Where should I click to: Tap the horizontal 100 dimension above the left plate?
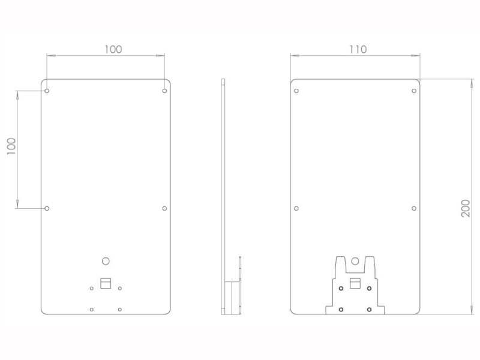point(112,49)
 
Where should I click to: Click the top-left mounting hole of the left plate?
point(47,91)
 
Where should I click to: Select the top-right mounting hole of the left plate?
point(164,91)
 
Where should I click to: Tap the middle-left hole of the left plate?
point(47,208)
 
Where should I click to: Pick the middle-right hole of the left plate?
point(164,208)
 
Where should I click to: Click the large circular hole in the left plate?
point(106,261)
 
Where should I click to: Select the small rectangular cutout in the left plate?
point(106,283)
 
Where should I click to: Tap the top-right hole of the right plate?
point(414,91)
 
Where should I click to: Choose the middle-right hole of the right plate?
point(414,208)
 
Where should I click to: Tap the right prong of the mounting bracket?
point(369,265)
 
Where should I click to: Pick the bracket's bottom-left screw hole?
point(341,309)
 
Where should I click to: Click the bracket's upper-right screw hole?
point(370,288)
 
